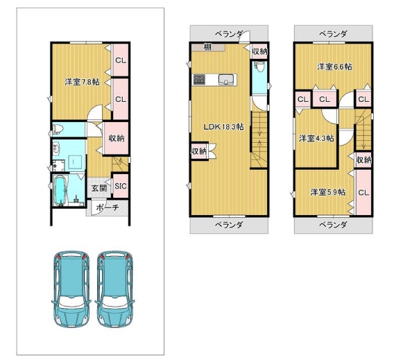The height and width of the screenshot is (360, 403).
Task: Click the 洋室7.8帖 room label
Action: point(82,83)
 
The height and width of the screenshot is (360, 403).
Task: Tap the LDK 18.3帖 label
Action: point(223,127)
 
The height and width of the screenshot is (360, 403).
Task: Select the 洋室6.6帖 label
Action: point(334,67)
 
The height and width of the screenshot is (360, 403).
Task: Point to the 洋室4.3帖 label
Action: point(316,139)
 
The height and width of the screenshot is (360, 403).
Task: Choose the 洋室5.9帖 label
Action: point(327,192)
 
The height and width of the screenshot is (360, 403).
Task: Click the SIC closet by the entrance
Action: point(121,186)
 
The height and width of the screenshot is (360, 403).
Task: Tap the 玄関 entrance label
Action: point(99,189)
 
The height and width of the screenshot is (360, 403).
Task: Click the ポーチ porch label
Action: point(108,207)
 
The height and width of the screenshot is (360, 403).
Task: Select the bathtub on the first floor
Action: point(60,191)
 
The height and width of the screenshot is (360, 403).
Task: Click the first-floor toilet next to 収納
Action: point(57,129)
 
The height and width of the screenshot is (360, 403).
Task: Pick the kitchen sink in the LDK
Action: point(226,80)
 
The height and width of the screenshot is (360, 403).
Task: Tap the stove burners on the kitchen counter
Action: point(199,79)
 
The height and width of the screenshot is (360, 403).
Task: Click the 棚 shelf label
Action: point(207,47)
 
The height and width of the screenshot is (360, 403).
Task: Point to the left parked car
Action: point(71,289)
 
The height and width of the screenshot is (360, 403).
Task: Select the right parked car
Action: point(114,289)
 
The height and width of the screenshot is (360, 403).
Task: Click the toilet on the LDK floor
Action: point(259,67)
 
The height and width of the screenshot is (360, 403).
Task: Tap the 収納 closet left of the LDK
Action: point(199,151)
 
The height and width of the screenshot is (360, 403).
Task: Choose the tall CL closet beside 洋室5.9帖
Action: point(363,192)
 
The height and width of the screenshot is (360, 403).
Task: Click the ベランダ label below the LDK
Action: point(229,225)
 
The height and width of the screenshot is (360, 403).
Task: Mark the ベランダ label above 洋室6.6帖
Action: point(333,33)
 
